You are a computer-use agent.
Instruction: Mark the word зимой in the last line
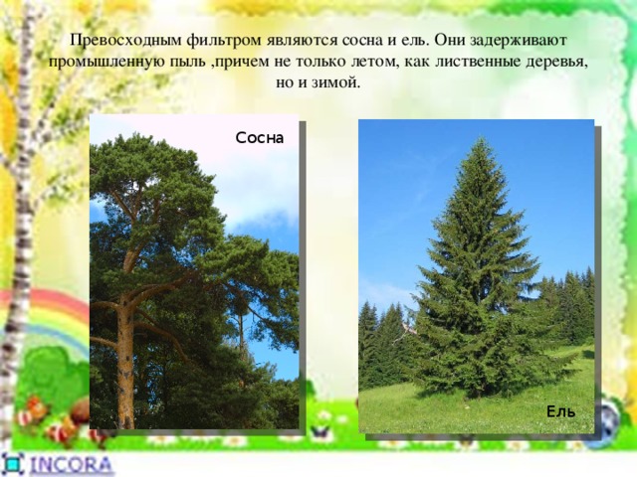(x=335, y=82)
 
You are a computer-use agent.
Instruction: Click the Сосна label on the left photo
(x=259, y=138)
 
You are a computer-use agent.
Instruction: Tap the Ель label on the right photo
(x=561, y=411)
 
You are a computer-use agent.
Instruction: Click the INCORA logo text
(x=71, y=465)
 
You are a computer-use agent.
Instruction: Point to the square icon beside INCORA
(x=14, y=465)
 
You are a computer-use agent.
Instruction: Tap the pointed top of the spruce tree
(x=482, y=139)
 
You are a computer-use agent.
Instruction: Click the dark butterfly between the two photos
(x=320, y=432)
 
